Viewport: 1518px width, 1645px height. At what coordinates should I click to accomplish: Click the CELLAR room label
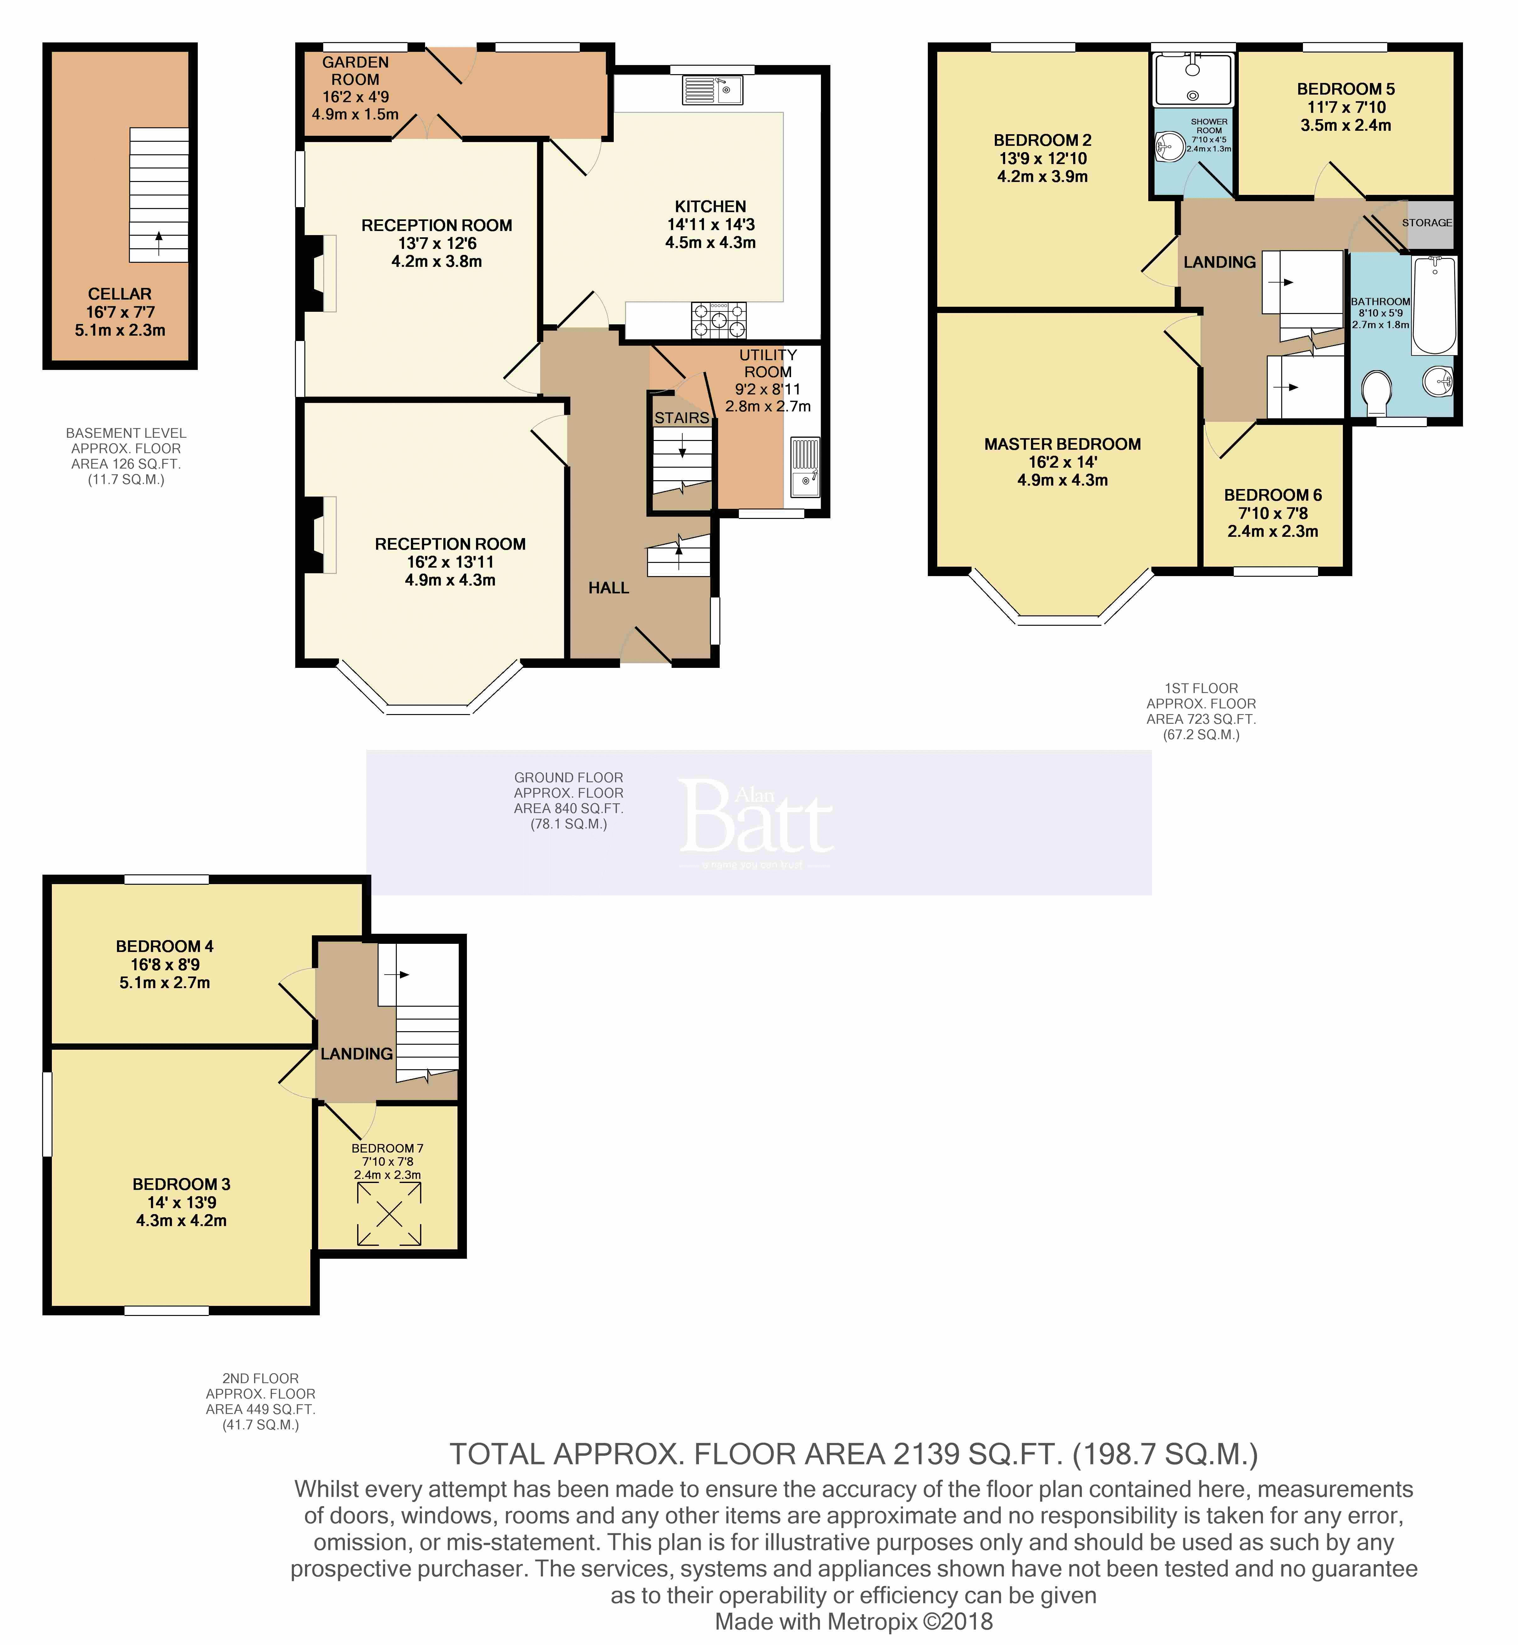[x=120, y=294]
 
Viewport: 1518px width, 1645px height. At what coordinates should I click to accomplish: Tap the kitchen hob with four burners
[x=720, y=320]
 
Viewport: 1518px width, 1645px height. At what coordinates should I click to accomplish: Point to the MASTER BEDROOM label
[x=1062, y=444]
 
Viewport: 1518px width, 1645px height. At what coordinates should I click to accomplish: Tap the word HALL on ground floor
[x=609, y=588]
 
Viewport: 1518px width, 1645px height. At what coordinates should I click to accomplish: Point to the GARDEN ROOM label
[x=356, y=71]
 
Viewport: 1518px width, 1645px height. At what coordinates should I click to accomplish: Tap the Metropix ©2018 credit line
[x=854, y=1621]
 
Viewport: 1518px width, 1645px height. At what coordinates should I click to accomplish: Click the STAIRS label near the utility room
[x=682, y=418]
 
